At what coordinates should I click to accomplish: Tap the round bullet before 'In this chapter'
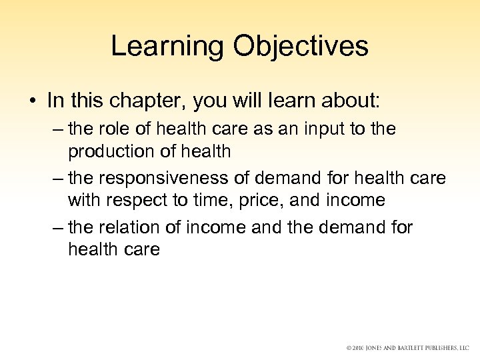pyautogui.click(x=32, y=101)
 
